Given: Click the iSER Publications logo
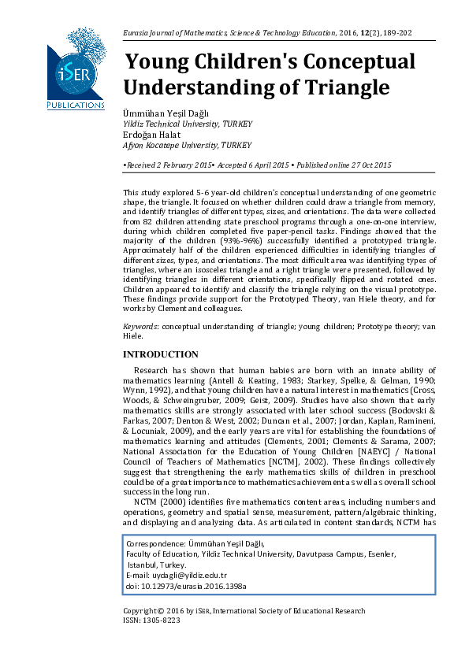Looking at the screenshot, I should (76, 69).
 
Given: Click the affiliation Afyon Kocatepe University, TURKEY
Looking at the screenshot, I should (187, 146).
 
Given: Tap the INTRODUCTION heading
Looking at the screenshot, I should (161, 355).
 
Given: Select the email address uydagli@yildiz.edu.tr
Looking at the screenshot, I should (188, 576).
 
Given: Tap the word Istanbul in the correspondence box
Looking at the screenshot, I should (143, 565).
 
